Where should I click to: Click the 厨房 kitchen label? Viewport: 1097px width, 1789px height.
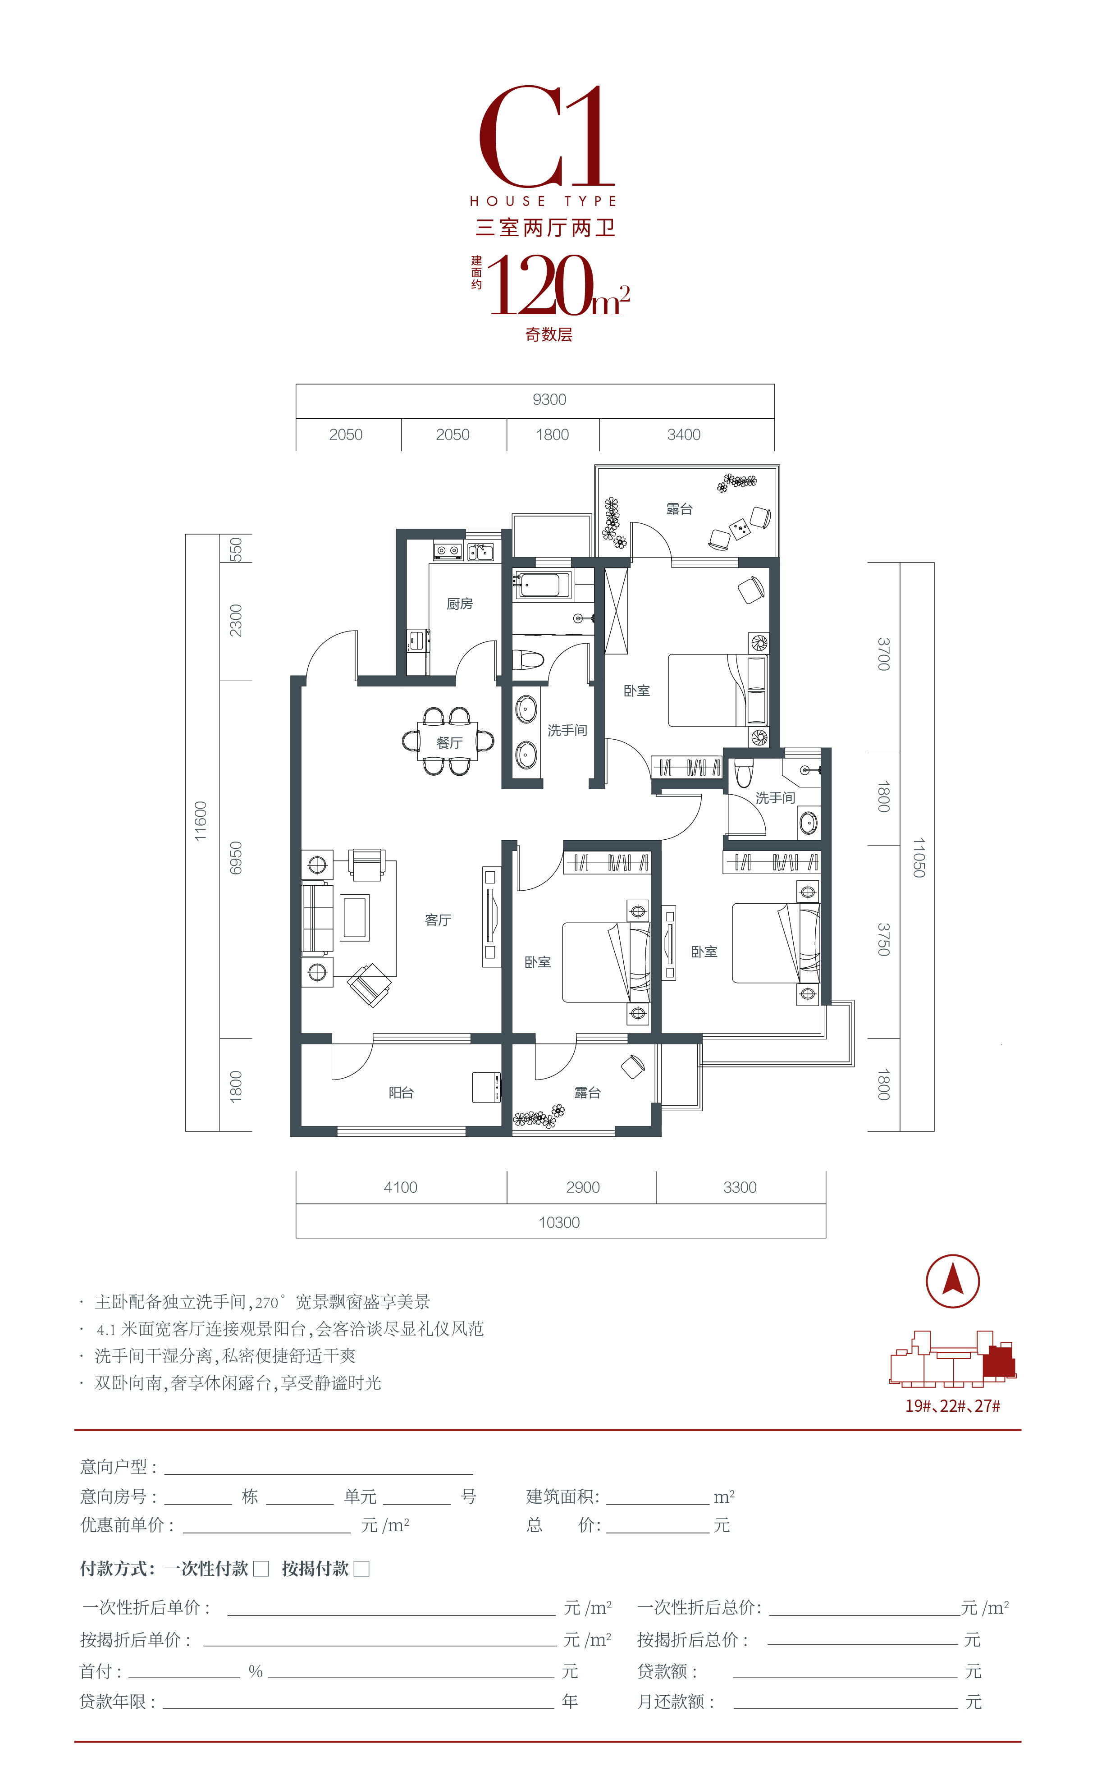click(x=460, y=604)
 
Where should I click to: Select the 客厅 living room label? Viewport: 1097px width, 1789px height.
click(x=438, y=920)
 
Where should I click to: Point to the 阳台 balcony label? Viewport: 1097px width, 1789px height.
click(x=401, y=1092)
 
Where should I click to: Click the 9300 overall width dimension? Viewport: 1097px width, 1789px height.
click(x=549, y=399)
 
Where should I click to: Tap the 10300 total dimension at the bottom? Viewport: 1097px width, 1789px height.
click(x=559, y=1223)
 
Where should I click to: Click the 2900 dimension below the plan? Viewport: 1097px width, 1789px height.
click(x=583, y=1187)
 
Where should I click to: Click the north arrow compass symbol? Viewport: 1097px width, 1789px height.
click(x=952, y=1281)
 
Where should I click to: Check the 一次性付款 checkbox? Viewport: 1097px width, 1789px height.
click(x=261, y=1569)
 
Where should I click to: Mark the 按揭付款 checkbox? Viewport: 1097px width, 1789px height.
click(x=361, y=1569)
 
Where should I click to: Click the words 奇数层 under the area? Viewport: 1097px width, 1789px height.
click(x=549, y=335)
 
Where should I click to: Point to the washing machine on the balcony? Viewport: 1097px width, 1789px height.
click(x=486, y=1087)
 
